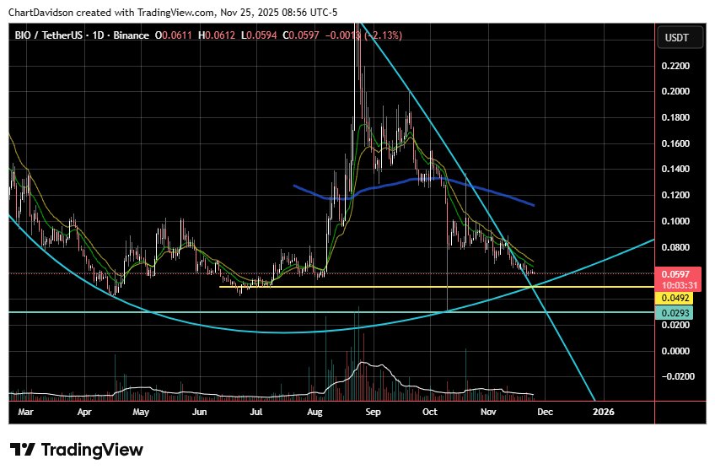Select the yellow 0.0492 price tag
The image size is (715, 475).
pyautogui.click(x=675, y=298)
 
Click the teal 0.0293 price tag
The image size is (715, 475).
pyautogui.click(x=675, y=313)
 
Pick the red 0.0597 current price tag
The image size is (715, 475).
pyautogui.click(x=675, y=274)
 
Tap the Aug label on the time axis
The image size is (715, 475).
pyautogui.click(x=315, y=413)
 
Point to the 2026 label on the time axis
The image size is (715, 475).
pyautogui.click(x=603, y=413)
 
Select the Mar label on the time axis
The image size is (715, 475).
pyautogui.click(x=25, y=413)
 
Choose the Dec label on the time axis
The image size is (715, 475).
pyautogui.click(x=545, y=413)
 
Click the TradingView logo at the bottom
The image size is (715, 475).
pyautogui.click(x=77, y=450)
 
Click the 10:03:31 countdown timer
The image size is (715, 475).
pyautogui.click(x=675, y=285)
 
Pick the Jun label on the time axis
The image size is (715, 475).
pyautogui.click(x=200, y=413)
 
